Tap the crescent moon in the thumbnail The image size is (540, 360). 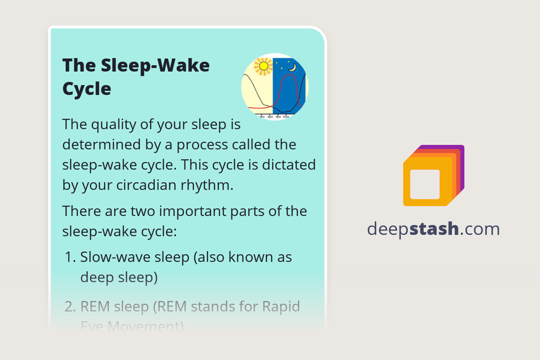tap(292, 67)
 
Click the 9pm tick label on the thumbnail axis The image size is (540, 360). tap(278, 117)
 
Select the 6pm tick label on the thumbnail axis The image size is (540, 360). tap(270, 117)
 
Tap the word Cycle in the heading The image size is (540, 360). tap(86, 89)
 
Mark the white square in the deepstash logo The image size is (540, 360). tap(425, 184)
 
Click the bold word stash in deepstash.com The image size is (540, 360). tap(436, 229)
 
